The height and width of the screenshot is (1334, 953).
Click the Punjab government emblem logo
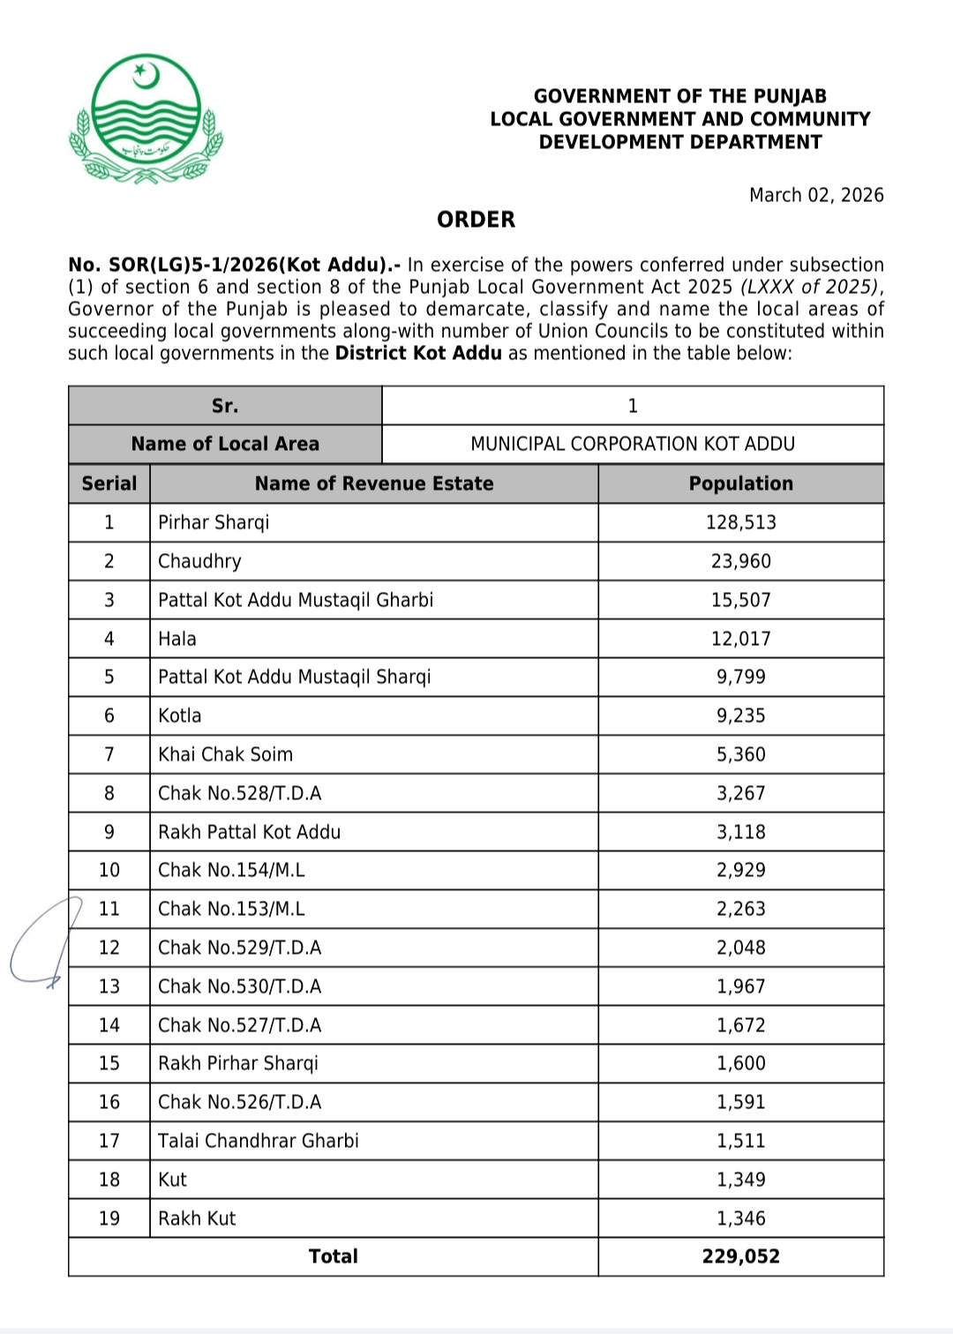click(x=146, y=118)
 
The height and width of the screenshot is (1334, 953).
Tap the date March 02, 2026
click(x=816, y=195)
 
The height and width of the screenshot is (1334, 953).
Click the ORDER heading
click(x=476, y=220)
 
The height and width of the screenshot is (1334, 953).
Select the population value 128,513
click(x=740, y=522)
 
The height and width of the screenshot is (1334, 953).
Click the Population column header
click(x=740, y=483)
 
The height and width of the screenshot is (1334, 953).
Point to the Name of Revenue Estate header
click(x=374, y=483)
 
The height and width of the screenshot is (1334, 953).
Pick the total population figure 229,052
click(x=740, y=1256)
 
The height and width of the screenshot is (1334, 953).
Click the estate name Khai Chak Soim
click(x=225, y=754)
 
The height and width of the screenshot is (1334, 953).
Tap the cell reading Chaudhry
click(x=199, y=561)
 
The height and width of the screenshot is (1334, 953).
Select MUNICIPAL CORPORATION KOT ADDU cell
click(x=633, y=444)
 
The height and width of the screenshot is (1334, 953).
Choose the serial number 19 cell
click(x=109, y=1218)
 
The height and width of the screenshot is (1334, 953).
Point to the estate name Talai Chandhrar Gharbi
click(x=259, y=1141)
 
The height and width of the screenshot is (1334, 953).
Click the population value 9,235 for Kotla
click(x=740, y=716)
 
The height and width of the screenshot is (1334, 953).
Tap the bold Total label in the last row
click(x=334, y=1256)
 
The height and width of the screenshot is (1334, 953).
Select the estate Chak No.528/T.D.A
click(x=239, y=793)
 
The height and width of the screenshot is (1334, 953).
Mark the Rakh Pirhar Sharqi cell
click(x=238, y=1063)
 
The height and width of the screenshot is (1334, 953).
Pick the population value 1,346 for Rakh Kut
click(x=740, y=1218)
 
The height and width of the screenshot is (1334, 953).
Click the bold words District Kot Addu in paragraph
click(x=418, y=353)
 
